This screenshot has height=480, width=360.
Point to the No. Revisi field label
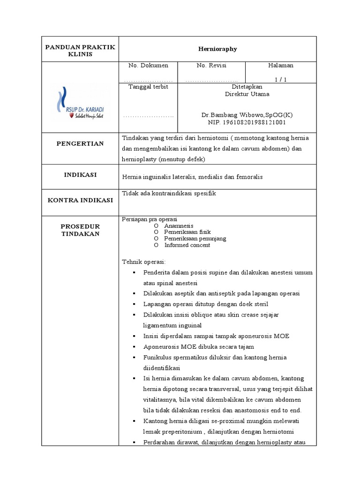211,65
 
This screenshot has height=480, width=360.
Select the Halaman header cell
280,65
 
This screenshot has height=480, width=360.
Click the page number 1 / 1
280,79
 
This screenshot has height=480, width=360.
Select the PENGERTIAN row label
80,143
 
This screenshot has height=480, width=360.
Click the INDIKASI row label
80,175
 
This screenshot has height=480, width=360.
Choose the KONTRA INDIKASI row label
80,200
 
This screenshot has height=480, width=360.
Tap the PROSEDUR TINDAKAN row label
80,230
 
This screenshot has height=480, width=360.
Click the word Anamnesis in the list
179,225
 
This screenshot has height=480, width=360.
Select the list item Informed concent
187,245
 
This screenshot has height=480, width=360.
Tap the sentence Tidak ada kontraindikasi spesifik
169,194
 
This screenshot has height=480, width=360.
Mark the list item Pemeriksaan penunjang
195,239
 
